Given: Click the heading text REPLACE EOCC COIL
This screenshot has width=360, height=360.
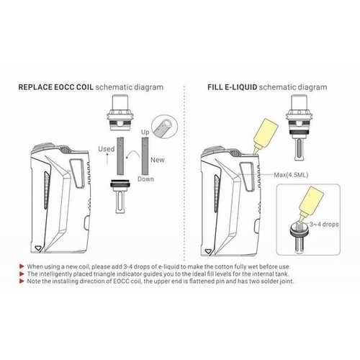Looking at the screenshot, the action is tap(55, 87).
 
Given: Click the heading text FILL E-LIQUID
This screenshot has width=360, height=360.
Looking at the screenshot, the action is tap(233, 87).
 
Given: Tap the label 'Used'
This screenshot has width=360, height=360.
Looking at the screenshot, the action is tap(107, 149).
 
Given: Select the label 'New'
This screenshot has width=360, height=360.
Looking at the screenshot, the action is tap(158, 160).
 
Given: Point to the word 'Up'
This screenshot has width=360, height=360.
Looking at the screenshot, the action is tap(145, 132).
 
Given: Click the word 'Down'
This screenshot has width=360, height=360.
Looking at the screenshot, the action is tap(145, 179).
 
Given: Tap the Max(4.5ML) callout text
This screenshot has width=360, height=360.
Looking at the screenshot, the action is tap(291, 175).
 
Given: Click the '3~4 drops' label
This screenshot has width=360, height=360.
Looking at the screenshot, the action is tap(324, 225).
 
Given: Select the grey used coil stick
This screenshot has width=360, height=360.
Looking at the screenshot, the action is tap(120, 156).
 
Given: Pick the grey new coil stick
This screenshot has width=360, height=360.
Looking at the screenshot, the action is tap(145, 156).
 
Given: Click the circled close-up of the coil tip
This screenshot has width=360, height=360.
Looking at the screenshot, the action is tap(165, 127).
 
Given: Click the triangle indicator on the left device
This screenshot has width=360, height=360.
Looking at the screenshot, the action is tap(38, 248).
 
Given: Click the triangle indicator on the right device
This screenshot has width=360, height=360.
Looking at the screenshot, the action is tap(208, 251).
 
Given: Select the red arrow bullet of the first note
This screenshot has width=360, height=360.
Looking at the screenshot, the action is tap(22, 266).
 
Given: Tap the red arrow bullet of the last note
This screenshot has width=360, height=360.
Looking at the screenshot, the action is tap(22, 281).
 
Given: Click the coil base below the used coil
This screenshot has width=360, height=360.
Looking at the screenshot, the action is tap(120, 197).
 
